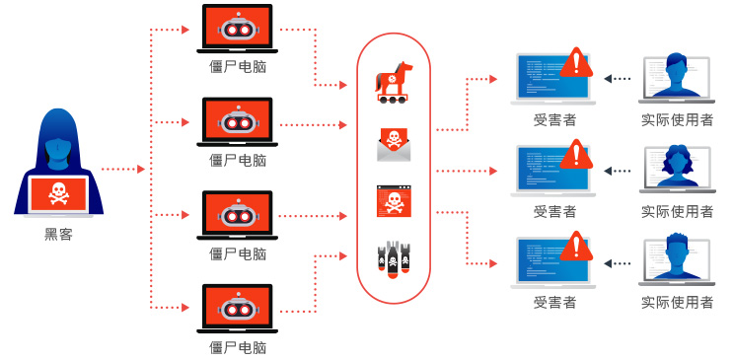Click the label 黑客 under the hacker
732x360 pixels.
click(58, 235)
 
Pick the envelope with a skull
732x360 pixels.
click(394, 143)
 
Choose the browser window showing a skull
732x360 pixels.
click(394, 201)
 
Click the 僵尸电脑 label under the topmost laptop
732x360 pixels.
click(238, 67)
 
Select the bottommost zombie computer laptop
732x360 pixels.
click(237, 308)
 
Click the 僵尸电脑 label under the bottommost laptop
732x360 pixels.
click(238, 347)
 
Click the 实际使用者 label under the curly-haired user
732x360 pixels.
click(677, 211)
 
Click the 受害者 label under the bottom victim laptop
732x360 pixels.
click(554, 302)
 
